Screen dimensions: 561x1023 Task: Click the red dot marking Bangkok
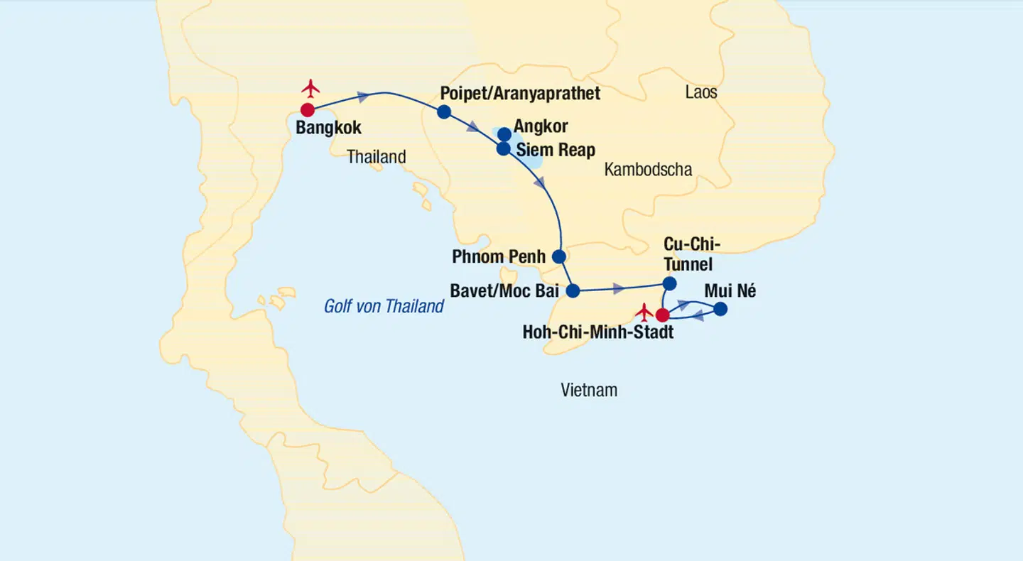(x=308, y=110)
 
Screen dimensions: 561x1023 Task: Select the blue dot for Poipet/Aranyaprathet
(x=444, y=111)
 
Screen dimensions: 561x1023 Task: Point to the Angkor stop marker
(x=504, y=134)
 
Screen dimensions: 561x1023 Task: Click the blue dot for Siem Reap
(x=503, y=149)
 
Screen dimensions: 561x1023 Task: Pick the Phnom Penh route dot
(x=559, y=256)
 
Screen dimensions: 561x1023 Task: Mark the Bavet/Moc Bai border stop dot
(x=573, y=290)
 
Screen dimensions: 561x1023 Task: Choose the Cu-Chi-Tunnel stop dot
(x=669, y=284)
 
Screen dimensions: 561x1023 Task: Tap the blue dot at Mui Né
(x=720, y=309)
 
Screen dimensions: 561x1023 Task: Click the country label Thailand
(x=376, y=157)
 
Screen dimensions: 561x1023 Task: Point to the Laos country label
(x=701, y=92)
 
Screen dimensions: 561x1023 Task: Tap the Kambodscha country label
(x=648, y=169)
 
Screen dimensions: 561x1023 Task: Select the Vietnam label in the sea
(x=589, y=390)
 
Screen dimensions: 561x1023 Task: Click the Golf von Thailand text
(x=384, y=306)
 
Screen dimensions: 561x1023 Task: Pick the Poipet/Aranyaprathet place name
(x=520, y=94)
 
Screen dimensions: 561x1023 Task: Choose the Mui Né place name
(x=730, y=291)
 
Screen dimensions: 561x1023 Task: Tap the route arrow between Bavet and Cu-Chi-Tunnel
(x=619, y=288)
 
